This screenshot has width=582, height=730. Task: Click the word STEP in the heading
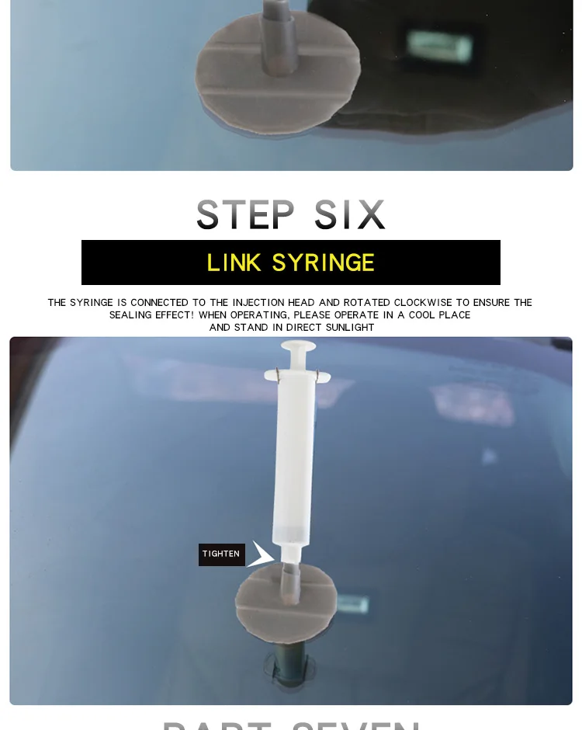pos(245,215)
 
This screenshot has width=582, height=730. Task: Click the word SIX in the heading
pos(350,215)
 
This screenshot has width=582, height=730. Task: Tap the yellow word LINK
pos(234,263)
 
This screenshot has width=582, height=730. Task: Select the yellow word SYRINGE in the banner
pos(323,263)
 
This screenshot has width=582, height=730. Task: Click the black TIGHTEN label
pos(221,554)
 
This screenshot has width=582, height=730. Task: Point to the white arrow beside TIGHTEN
pos(260,554)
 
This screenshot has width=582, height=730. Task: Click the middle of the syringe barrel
pos(293,458)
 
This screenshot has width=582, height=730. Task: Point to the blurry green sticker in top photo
pos(439,47)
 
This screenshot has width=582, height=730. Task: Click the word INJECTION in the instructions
pos(247,303)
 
